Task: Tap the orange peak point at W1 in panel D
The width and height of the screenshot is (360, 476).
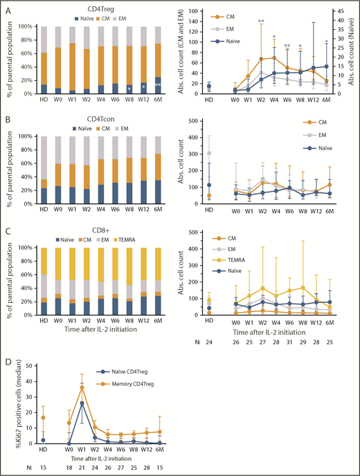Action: [x=83, y=387]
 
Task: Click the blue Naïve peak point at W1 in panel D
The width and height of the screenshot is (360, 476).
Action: [x=83, y=403]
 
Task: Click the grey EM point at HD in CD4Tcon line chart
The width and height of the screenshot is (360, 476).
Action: [x=210, y=154]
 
